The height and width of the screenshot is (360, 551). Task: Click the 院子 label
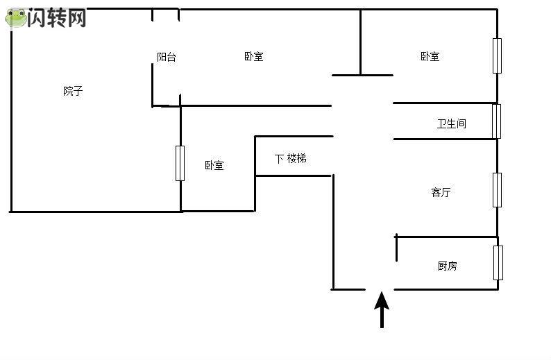[x=73, y=91]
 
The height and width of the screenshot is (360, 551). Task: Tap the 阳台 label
[x=167, y=57]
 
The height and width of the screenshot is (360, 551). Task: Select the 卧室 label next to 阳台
[x=254, y=56]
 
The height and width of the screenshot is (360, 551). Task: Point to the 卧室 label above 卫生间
[x=430, y=56]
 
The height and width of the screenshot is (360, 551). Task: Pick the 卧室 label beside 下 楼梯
[x=214, y=165]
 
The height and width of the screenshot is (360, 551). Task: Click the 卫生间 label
[x=452, y=123]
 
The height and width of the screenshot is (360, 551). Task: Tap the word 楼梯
[x=297, y=159]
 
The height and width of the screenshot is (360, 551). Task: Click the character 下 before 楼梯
[x=279, y=159]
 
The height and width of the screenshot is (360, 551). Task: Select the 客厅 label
[x=441, y=192]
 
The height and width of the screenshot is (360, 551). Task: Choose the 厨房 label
[x=448, y=266]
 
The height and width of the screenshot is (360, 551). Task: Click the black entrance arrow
[x=382, y=310]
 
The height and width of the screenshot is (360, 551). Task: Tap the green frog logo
[x=16, y=18]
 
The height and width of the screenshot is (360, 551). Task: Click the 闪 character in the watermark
[x=37, y=17]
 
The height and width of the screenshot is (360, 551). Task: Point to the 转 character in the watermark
[x=56, y=17]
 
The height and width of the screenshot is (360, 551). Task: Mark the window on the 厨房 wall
[x=498, y=263]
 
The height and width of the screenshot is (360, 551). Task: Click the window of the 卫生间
[x=497, y=121]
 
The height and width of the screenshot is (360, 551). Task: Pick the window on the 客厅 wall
[x=497, y=190]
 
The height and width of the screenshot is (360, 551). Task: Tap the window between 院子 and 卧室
[x=180, y=163]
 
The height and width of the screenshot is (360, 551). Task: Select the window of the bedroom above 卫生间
[x=497, y=56]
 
